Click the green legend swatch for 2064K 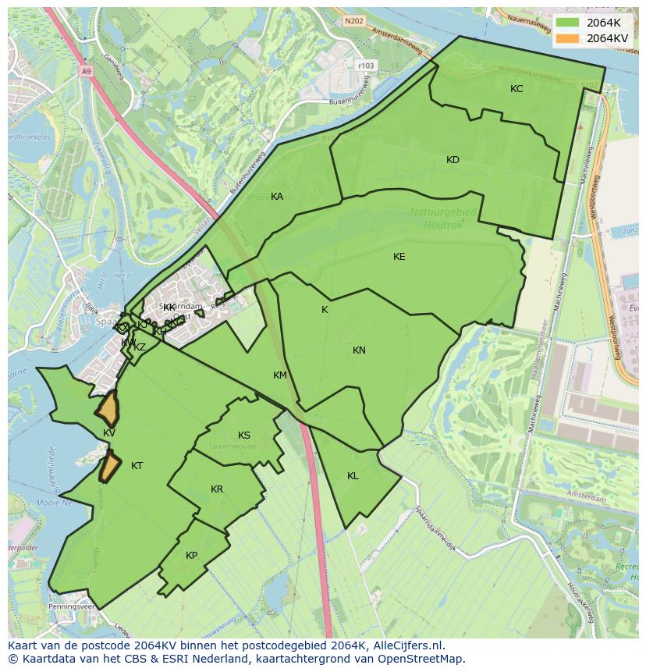pos(568,23)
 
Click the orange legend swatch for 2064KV pos(568,37)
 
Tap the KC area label pos(516,89)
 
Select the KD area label pos(453,160)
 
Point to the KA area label pos(277,197)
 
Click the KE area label pos(399,257)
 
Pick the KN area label pos(359,350)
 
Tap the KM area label pos(280,375)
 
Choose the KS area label pos(244,436)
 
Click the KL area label pos(353,476)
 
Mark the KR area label pos(217,489)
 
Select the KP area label pos(192,556)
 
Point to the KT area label pos(137,466)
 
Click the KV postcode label pos(109,433)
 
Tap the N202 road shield pos(354,21)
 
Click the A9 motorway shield pos(86,71)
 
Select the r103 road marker pos(364,66)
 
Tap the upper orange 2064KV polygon pos(108,407)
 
